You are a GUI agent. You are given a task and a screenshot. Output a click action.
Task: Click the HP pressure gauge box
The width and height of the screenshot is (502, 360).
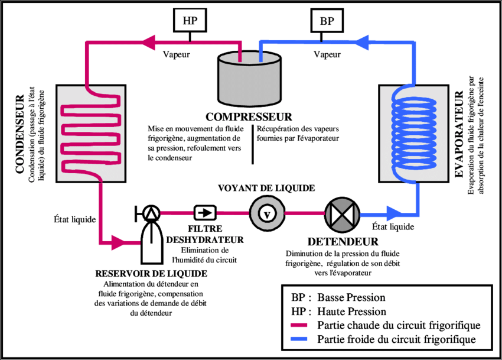coord(190,21)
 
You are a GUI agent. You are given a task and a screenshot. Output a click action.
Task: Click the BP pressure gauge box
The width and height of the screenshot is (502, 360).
coord(327,21)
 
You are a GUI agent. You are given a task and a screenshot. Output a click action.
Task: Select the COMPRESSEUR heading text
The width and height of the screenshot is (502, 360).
coord(249,116)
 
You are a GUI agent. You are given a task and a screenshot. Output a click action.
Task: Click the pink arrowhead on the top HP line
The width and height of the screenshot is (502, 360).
coord(147,41)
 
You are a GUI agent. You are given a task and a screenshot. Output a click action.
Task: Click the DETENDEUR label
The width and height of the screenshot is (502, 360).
coord(343,242)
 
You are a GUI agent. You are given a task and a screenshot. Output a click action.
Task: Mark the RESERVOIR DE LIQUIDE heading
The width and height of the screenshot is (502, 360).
coord(151,274)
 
